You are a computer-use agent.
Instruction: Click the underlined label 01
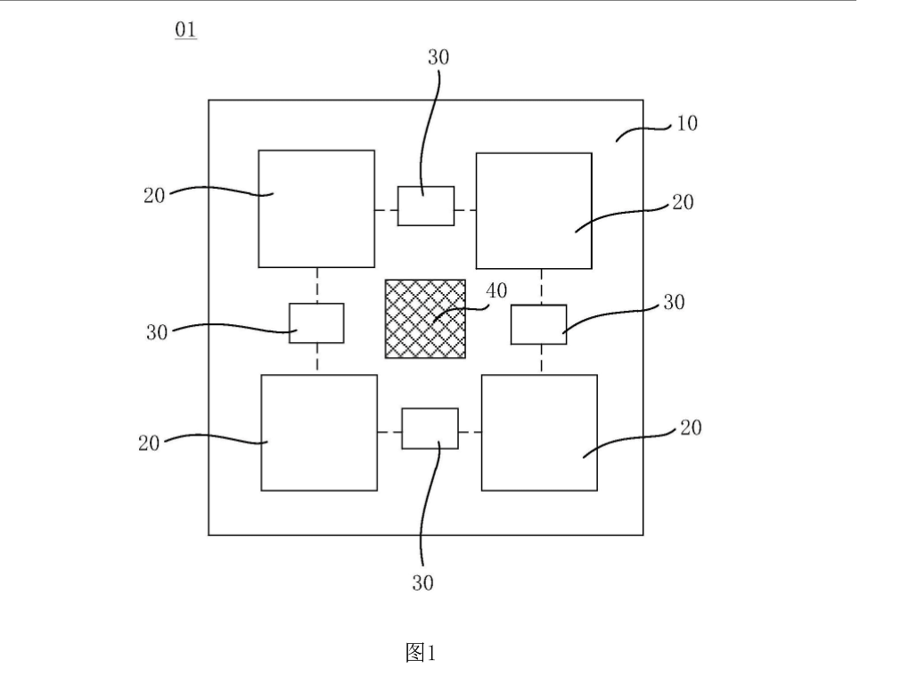click(x=185, y=30)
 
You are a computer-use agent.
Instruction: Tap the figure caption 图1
click(x=421, y=653)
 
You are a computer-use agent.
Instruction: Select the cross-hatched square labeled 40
click(x=425, y=319)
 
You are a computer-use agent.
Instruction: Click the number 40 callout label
click(x=496, y=291)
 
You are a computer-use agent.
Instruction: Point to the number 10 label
click(x=687, y=124)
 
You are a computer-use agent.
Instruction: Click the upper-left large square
click(x=316, y=208)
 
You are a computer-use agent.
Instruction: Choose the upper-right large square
click(x=534, y=211)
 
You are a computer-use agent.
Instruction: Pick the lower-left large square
click(x=319, y=433)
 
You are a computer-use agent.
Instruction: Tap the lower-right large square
click(x=539, y=433)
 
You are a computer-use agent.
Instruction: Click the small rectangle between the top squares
click(x=426, y=206)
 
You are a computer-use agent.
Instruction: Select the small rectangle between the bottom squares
click(x=430, y=428)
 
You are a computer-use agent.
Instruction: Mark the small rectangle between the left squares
click(x=316, y=322)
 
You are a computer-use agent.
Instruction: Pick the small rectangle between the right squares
click(x=538, y=324)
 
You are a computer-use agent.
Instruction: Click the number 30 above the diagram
click(x=438, y=58)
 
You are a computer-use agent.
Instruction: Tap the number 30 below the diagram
click(x=422, y=583)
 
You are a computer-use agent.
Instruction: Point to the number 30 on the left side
click(x=157, y=333)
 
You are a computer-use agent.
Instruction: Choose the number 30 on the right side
click(x=674, y=303)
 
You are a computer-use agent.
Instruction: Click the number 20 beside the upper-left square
click(x=154, y=196)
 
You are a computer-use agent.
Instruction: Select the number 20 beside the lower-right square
click(x=691, y=428)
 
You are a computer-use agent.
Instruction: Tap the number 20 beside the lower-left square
click(x=149, y=443)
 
